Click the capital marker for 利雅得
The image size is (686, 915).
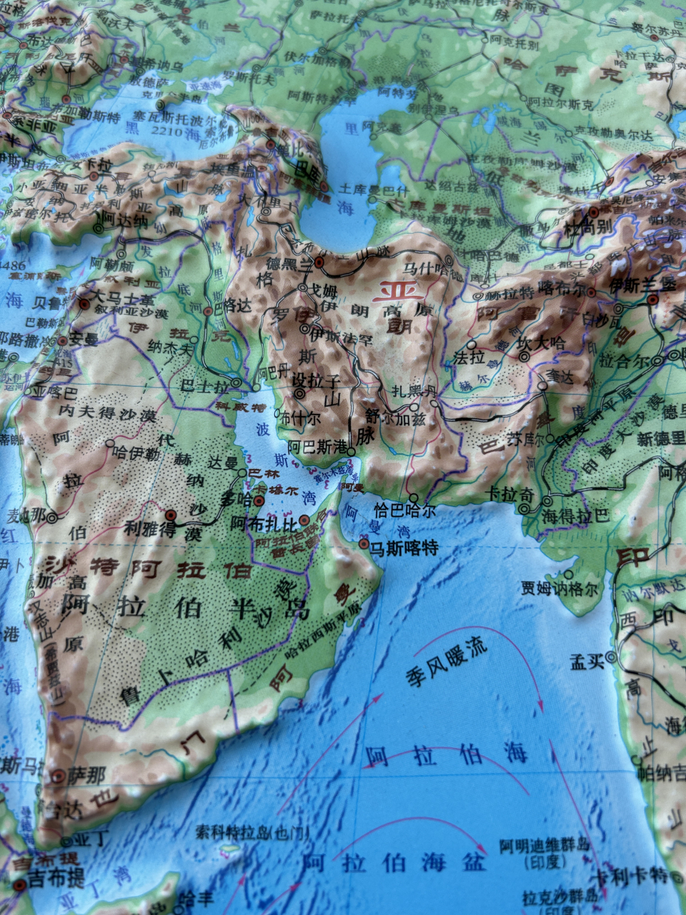pos(171,515)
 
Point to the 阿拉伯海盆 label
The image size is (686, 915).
pos(394,863)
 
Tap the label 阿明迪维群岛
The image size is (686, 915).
pos(545,847)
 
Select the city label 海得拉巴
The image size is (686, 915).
pos(575,515)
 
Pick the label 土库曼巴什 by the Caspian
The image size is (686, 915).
pos(374,190)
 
